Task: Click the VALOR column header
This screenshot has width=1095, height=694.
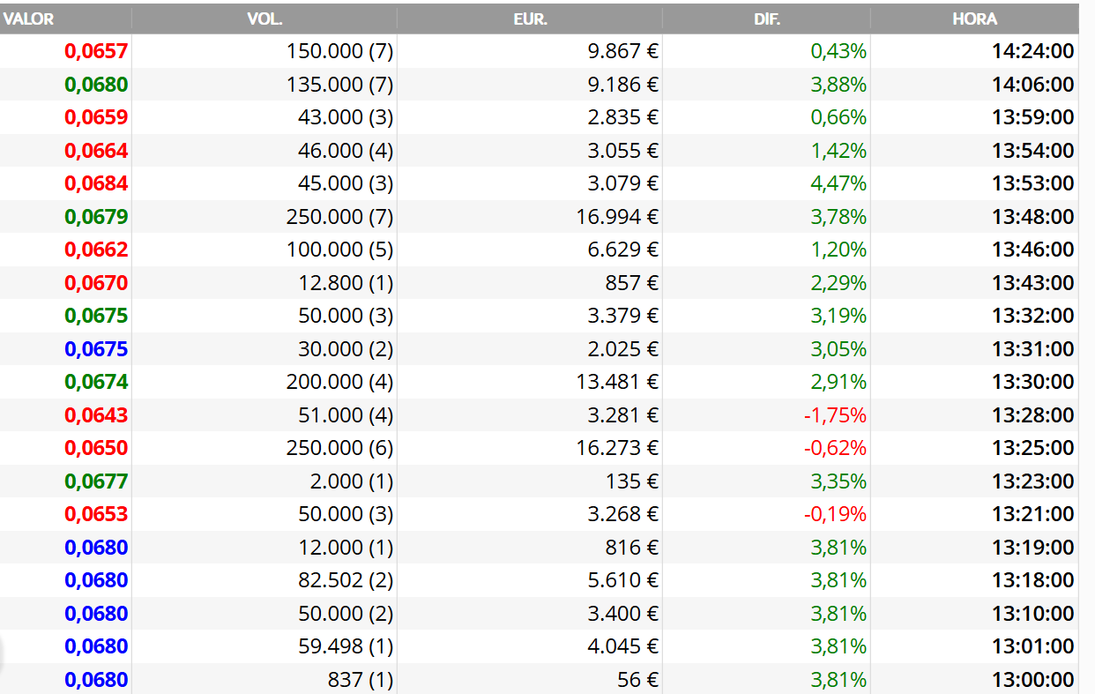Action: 28,19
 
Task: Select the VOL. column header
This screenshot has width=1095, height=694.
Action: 264,19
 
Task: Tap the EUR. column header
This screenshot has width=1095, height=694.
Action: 530,19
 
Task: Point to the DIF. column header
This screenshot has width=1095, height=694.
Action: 766,19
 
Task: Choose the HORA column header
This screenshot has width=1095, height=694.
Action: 974,19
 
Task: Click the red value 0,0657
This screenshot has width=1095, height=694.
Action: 96,51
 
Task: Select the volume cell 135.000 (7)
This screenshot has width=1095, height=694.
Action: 339,85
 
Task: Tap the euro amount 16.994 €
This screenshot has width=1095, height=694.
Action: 617,217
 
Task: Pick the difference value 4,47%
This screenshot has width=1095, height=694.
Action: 838,183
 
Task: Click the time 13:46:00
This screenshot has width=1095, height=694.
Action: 1033,250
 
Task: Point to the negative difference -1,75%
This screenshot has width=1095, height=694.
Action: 835,415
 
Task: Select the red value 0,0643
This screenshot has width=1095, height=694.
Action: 96,415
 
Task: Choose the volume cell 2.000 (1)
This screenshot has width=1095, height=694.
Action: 352,481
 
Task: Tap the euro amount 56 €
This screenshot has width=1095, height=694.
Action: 638,680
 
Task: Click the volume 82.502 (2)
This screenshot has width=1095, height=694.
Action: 346,580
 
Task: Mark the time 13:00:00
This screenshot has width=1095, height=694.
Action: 1033,680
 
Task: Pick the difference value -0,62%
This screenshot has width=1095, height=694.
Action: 835,448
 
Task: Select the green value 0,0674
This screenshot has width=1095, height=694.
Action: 96,382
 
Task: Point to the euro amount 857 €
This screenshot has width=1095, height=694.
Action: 632,283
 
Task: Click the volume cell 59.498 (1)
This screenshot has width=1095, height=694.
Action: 346,646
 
